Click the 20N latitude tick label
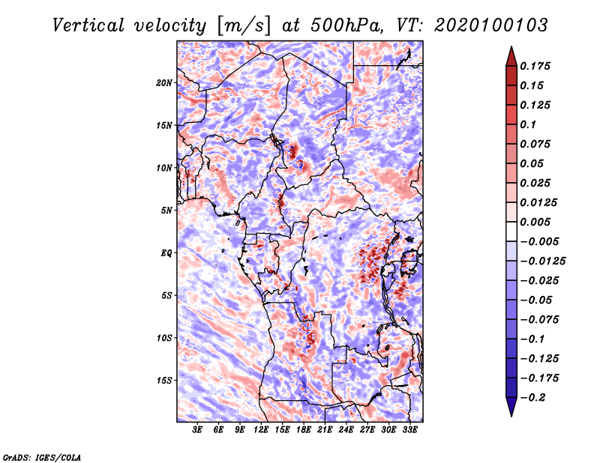(164, 82)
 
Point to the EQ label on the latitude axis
(166, 252)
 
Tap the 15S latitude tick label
(164, 380)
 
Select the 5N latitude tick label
(166, 210)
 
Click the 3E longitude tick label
(198, 431)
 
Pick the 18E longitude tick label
(304, 431)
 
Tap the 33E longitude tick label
(409, 431)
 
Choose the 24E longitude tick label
(346, 431)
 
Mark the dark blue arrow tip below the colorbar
(510, 411)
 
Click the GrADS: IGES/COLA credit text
(41, 456)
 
